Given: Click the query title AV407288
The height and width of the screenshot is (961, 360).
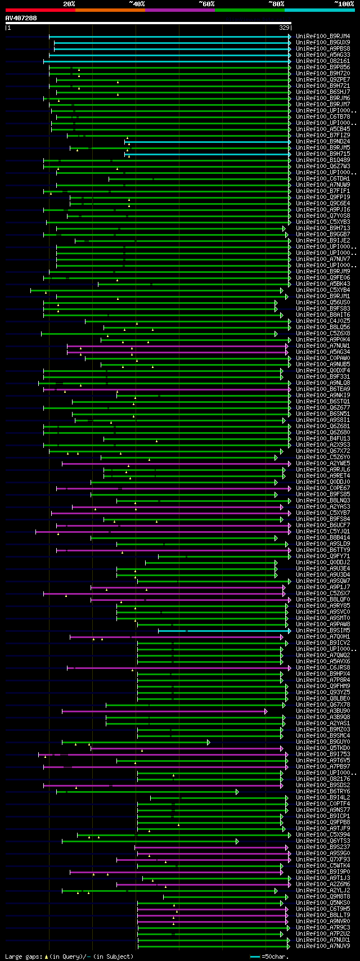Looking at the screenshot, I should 21,19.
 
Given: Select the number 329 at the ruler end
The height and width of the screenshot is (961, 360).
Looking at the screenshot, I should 284,28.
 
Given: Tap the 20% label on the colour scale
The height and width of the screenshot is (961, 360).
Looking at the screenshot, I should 69,4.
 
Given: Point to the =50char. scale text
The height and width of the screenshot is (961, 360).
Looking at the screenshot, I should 275,956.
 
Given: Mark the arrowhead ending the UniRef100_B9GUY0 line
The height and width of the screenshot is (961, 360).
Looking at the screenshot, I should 209,742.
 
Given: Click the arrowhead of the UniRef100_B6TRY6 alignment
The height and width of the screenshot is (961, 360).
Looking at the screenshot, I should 237,792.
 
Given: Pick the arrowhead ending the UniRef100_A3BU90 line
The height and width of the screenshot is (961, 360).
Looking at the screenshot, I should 266,711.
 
